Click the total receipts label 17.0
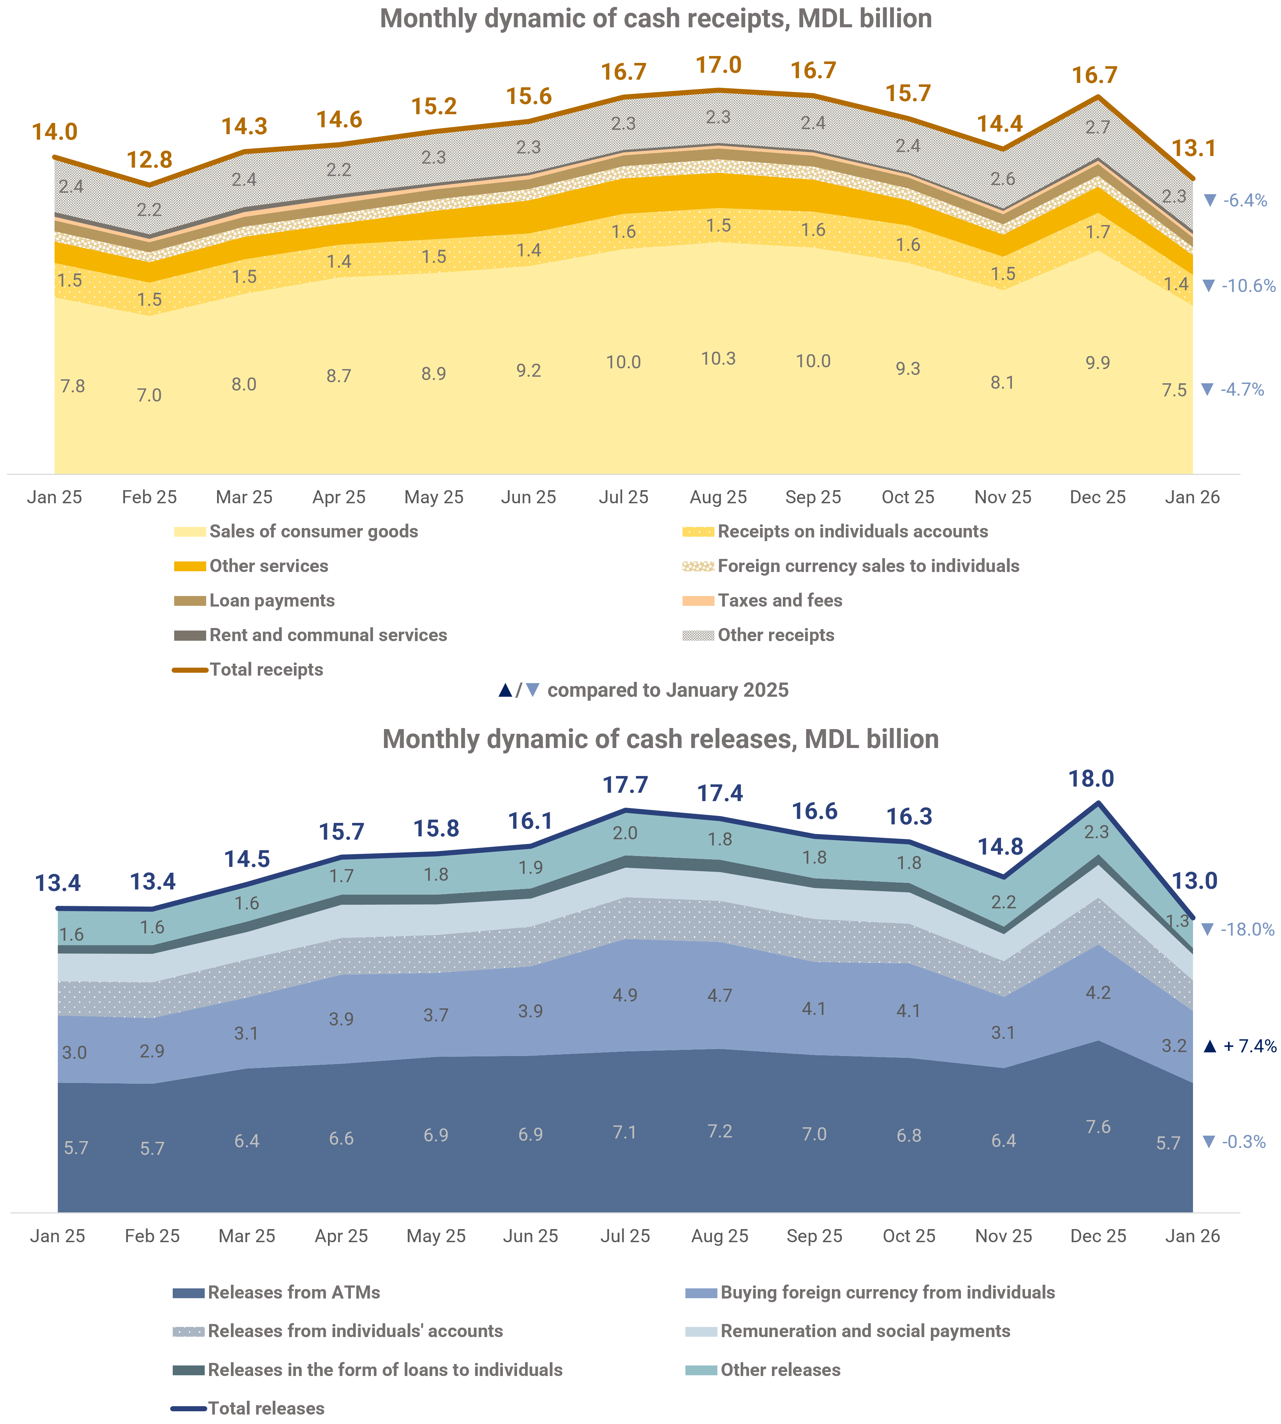coord(718,65)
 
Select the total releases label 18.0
coord(1092,779)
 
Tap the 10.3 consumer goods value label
coord(718,359)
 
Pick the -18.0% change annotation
coord(1237,930)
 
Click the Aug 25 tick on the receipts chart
coord(718,497)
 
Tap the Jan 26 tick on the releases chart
coord(1192,1236)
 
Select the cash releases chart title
coord(660,739)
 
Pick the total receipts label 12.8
coord(149,160)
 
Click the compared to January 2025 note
coord(667,690)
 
